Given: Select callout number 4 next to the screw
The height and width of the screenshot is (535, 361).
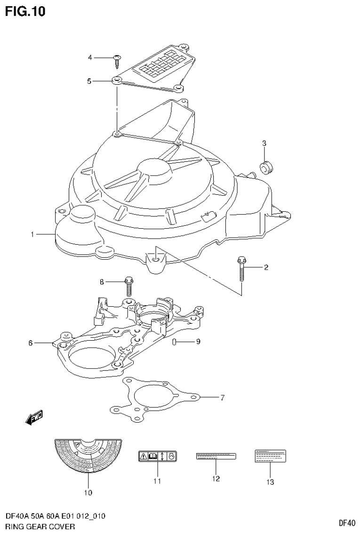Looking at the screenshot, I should pyautogui.click(x=90, y=57).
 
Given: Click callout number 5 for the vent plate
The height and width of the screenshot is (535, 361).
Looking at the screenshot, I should pyautogui.click(x=89, y=81).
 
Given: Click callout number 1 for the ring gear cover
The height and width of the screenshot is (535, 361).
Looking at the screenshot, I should pyautogui.click(x=32, y=234).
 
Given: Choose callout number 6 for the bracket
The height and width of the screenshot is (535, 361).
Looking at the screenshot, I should pyautogui.click(x=30, y=343).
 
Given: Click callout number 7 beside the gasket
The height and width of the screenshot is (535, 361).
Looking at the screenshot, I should pyautogui.click(x=223, y=398).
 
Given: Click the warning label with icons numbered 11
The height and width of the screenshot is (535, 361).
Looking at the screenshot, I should pyautogui.click(x=157, y=456).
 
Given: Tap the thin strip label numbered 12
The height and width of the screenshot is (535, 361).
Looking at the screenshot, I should pyautogui.click(x=216, y=456).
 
